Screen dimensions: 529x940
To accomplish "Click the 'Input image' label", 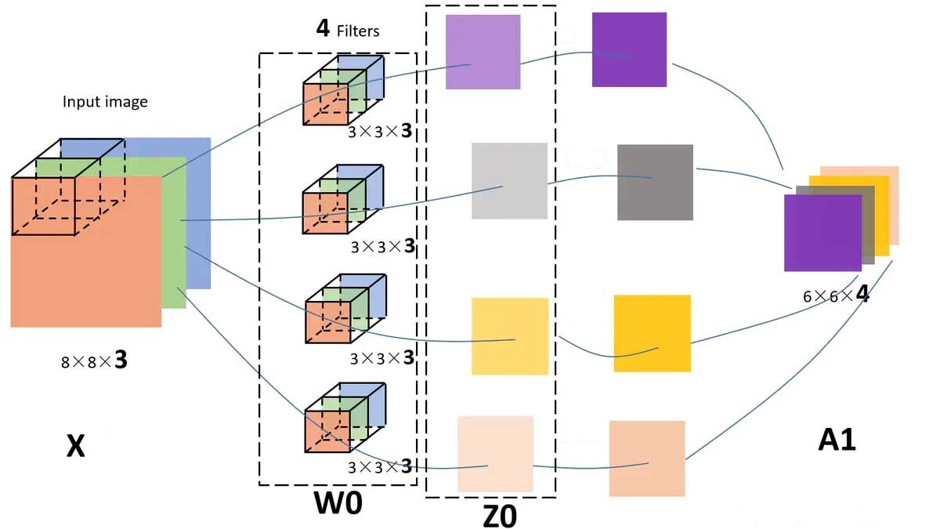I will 105,102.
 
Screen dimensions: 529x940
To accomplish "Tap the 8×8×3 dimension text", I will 94,361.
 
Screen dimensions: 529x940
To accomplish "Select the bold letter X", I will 75,446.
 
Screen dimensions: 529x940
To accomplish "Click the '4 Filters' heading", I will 347,30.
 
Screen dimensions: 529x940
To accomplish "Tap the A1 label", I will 837,440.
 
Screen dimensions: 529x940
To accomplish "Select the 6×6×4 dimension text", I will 836,297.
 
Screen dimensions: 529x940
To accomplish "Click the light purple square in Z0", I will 483,52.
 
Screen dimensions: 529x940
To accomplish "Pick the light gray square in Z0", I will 509,181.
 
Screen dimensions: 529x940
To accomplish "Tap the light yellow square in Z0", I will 510,336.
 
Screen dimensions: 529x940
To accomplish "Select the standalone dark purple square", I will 629,49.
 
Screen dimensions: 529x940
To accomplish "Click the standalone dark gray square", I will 655,182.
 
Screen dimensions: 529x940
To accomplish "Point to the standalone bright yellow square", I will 652,333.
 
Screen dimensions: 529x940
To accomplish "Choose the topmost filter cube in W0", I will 342,90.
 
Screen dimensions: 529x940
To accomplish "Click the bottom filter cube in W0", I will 344,418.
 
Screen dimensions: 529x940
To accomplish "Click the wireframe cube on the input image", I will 67,187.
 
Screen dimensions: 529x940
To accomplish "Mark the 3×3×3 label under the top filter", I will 380,131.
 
